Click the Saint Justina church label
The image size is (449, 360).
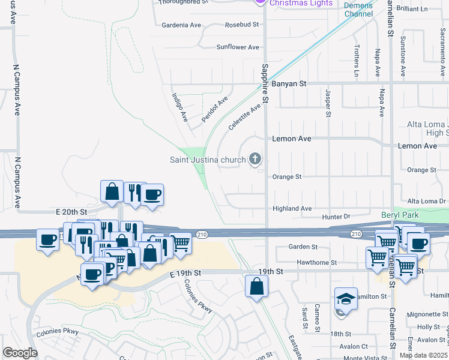tap(208, 160)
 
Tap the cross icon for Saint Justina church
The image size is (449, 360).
tap(255, 159)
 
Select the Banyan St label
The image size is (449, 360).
tap(289, 84)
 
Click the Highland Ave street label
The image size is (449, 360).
tap(292, 208)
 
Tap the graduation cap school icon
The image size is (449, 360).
tap(346, 298)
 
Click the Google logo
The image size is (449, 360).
tap(20, 353)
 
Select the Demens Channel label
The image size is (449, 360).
tap(358, 10)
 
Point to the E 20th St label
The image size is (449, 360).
tap(71, 212)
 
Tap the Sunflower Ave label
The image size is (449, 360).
tap(238, 47)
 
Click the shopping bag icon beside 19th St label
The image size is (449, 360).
tap(256, 286)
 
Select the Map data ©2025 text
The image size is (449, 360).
tap(423, 355)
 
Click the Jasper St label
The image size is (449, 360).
tap(328, 103)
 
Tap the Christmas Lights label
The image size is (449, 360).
tap(301, 3)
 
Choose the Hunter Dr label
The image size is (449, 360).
tap(336, 216)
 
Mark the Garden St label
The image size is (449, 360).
tap(303, 247)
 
